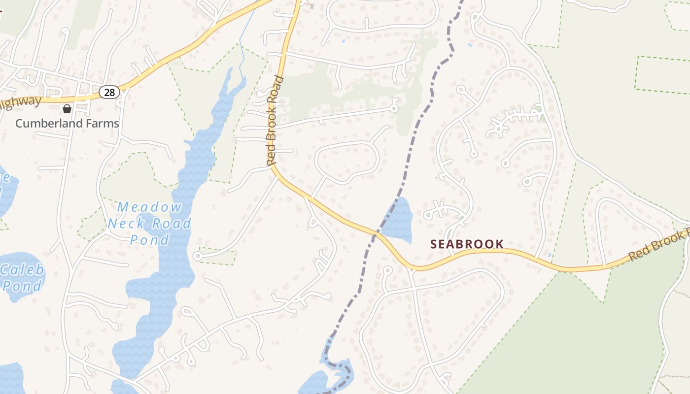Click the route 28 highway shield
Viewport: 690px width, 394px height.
pyautogui.click(x=109, y=91)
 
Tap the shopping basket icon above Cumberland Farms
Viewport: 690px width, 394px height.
pyautogui.click(x=67, y=108)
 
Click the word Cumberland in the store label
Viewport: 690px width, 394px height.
pyautogui.click(x=47, y=123)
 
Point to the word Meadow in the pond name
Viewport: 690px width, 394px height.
pyautogui.click(x=149, y=207)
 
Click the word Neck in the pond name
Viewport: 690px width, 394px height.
pyautogui.click(x=126, y=224)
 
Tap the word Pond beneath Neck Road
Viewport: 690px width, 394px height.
pyautogui.click(x=149, y=240)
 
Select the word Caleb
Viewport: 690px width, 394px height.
pyautogui.click(x=23, y=270)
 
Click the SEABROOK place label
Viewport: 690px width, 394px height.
pyautogui.click(x=467, y=244)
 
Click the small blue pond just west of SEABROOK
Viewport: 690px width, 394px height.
pyautogui.click(x=398, y=220)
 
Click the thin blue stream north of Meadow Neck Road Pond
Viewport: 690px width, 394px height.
pyautogui.click(x=241, y=54)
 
